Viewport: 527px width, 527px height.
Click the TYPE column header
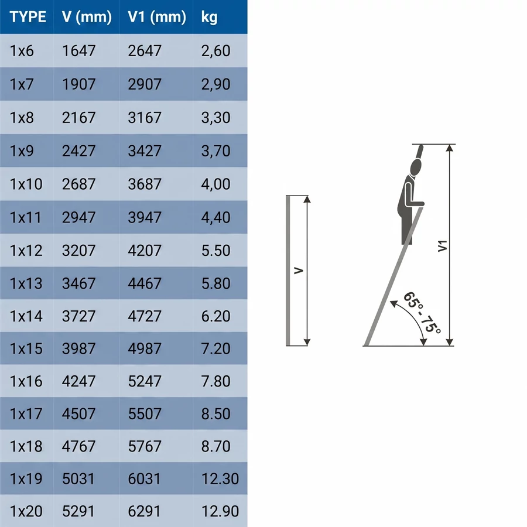(28, 17)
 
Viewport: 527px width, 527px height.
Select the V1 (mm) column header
(156, 17)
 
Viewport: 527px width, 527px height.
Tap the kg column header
(209, 18)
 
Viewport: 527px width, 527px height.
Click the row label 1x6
(22, 51)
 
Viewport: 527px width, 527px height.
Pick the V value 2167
(78, 118)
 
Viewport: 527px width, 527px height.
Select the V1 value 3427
(145, 151)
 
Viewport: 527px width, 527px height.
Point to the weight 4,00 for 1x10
(215, 184)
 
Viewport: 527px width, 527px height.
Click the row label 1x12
(26, 251)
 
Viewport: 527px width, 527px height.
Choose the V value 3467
(78, 283)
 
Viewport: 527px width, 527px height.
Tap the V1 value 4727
(145, 316)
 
